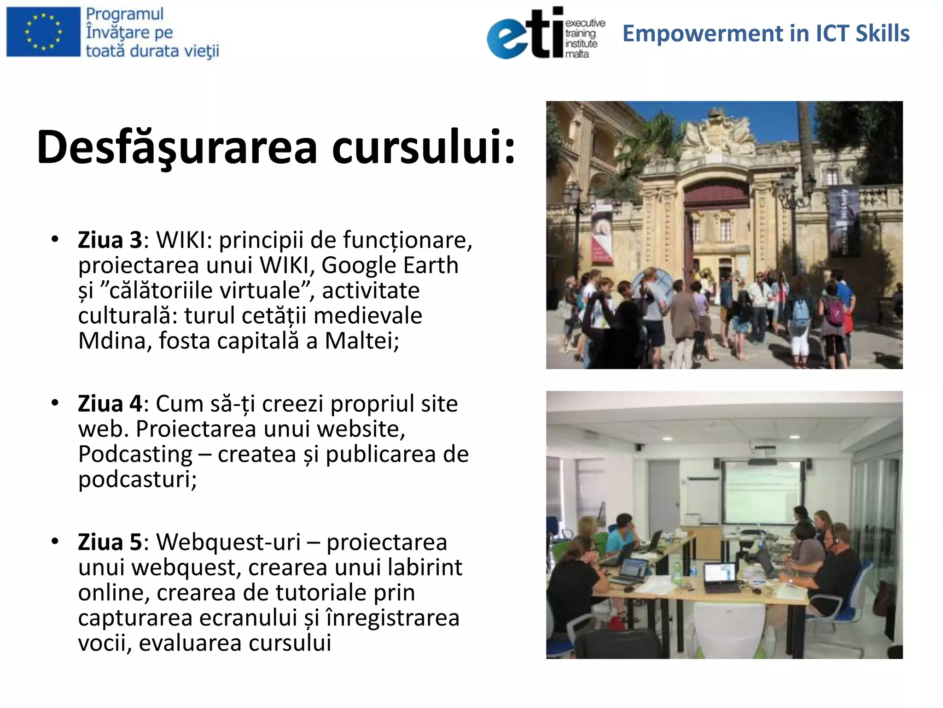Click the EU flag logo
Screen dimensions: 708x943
click(x=43, y=31)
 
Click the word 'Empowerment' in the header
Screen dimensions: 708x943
click(x=703, y=34)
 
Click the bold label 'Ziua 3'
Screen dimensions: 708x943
click(x=110, y=240)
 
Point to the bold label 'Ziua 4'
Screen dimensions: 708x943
click(x=110, y=404)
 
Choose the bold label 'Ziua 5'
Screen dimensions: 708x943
click(x=110, y=542)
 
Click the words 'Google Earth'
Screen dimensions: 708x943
click(x=390, y=265)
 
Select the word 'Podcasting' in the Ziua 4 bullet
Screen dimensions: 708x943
click(x=135, y=454)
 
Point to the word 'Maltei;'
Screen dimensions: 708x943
click(x=362, y=341)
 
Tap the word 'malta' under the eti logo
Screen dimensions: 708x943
click(x=577, y=54)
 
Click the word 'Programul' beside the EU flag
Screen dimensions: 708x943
click(x=125, y=14)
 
